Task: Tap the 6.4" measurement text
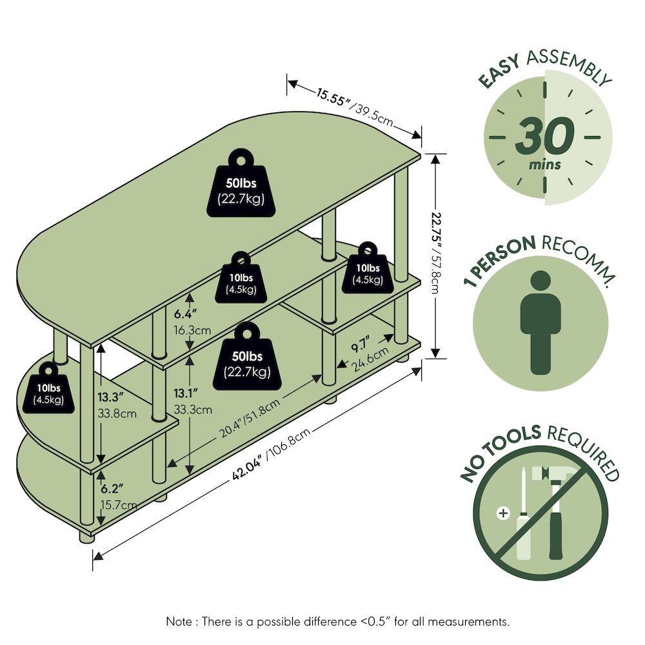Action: tap(185, 314)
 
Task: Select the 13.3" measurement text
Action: tap(111, 397)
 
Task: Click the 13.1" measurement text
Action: tap(186, 393)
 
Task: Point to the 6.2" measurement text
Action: tap(112, 489)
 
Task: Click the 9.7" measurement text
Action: tap(361, 344)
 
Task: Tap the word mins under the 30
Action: tap(544, 164)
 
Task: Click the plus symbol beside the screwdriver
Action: tap(503, 513)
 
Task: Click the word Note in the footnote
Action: tap(179, 621)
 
